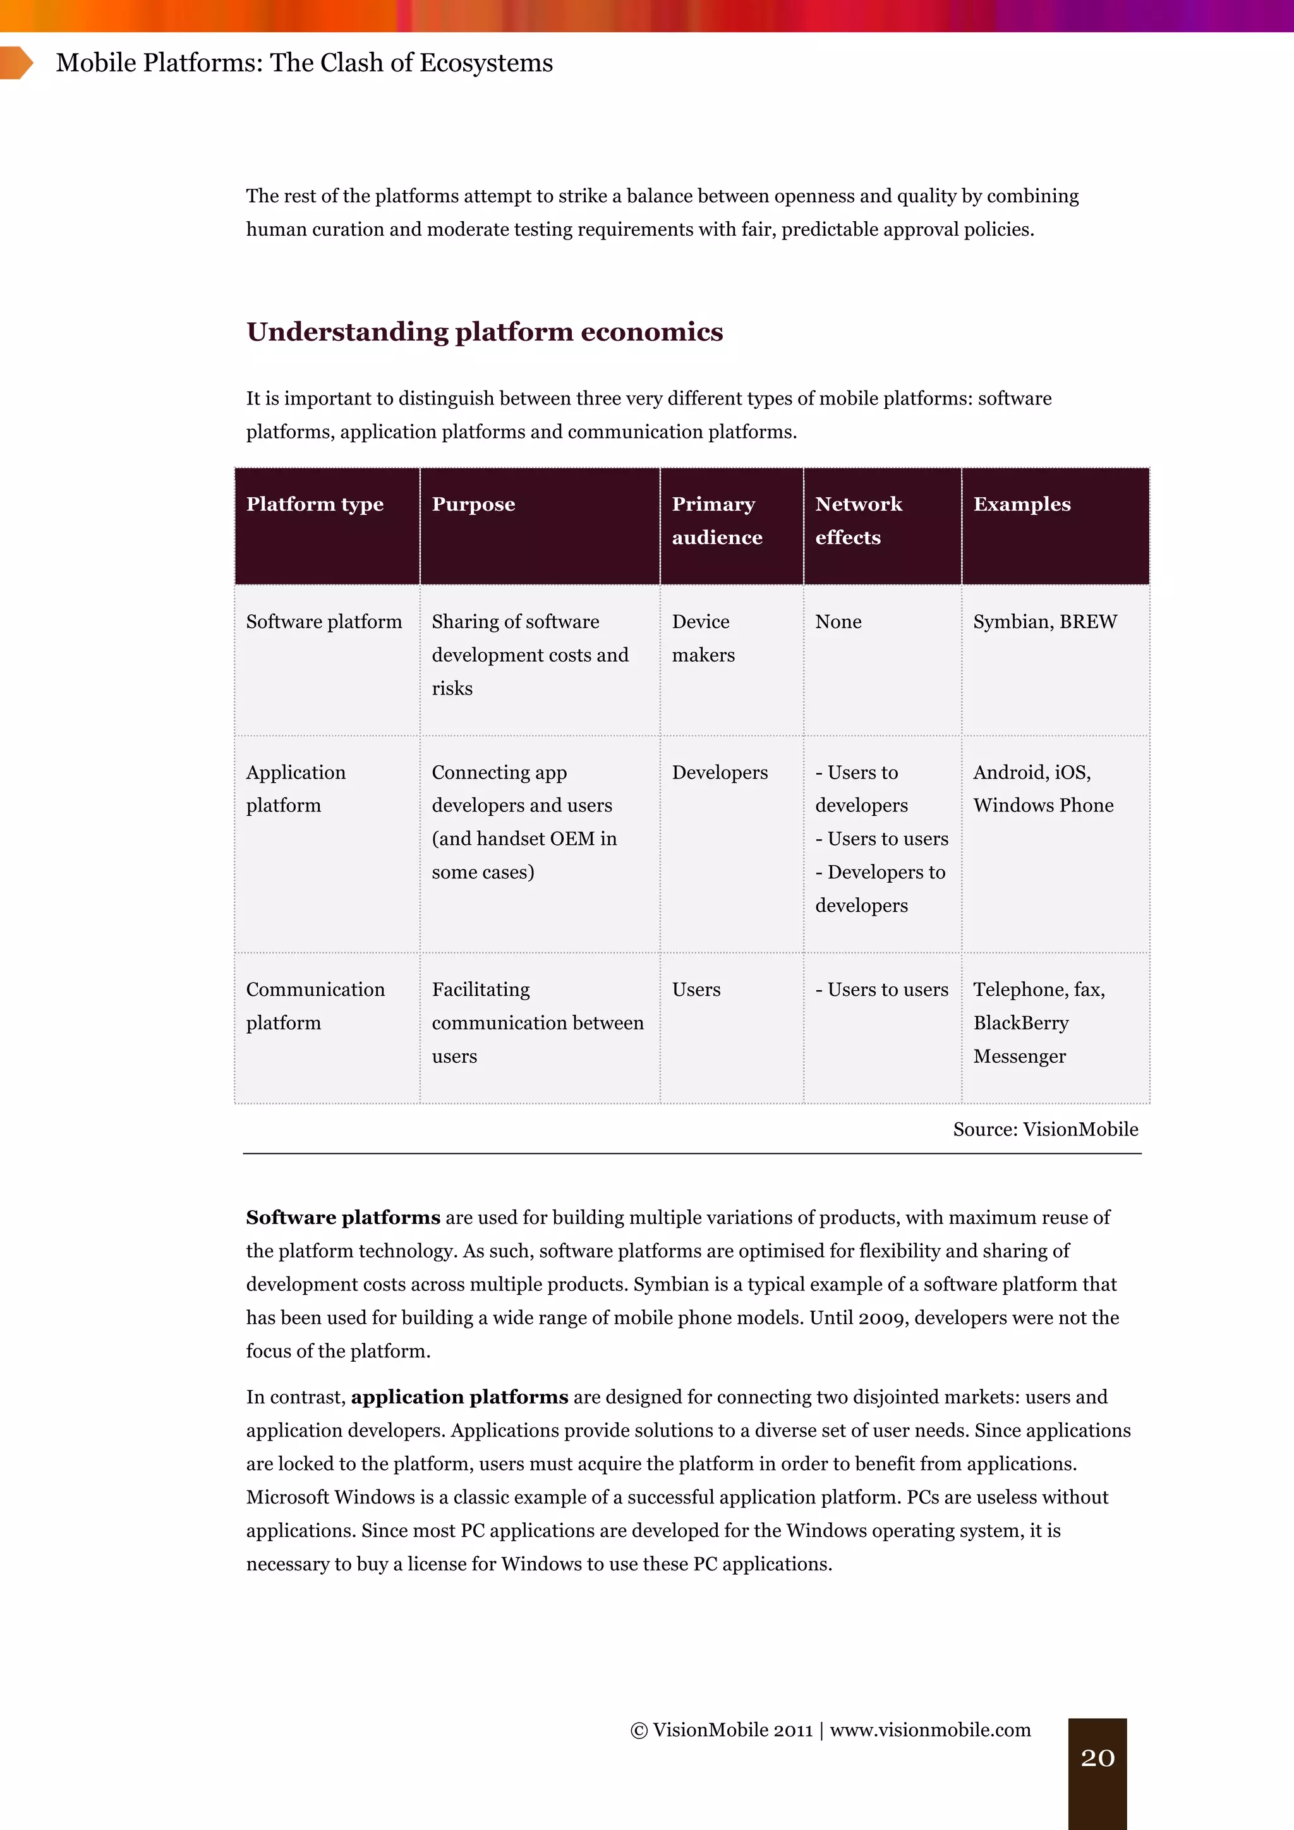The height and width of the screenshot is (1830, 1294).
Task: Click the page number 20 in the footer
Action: [1097, 1757]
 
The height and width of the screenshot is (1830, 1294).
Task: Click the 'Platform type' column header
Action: [315, 504]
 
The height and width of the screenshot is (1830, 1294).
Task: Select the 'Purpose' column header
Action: [473, 504]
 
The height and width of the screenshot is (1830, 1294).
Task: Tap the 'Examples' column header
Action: [1022, 504]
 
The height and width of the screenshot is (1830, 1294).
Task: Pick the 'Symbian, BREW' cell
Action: [1044, 622]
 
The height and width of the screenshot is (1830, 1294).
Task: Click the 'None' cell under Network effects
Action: [838, 622]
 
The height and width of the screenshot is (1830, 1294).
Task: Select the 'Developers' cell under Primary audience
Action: [720, 772]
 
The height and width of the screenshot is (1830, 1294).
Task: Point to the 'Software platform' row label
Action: [323, 622]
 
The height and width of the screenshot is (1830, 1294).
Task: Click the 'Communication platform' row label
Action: [315, 1006]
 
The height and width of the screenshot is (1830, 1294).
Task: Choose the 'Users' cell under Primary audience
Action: [696, 990]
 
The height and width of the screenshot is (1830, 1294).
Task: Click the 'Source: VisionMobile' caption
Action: [1046, 1129]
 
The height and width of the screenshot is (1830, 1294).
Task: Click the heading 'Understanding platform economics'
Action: [485, 332]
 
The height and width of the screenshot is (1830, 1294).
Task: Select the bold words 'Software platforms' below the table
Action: [342, 1217]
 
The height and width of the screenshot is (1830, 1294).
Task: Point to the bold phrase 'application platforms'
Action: [460, 1397]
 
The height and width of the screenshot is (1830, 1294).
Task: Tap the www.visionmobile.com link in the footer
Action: [931, 1730]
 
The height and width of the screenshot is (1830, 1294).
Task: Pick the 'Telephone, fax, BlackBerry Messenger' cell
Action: [1038, 1022]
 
